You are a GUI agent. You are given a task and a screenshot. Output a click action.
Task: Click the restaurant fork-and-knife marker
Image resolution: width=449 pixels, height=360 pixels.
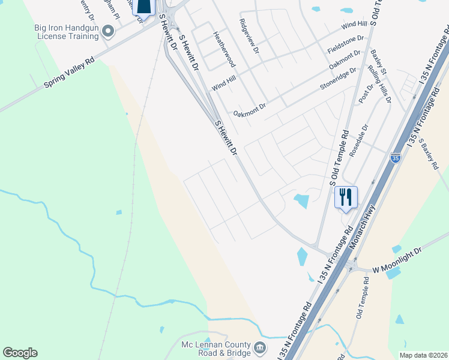tap(345, 197)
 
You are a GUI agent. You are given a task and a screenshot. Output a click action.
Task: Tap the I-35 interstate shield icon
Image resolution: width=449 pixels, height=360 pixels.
tap(395, 158)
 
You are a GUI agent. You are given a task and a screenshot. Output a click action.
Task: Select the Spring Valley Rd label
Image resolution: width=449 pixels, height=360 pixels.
tap(70, 73)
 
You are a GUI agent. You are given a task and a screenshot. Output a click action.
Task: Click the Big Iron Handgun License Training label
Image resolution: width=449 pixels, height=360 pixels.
tap(66, 32)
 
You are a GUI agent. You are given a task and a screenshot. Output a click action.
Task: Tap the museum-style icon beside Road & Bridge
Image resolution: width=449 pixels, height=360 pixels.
tap(260, 348)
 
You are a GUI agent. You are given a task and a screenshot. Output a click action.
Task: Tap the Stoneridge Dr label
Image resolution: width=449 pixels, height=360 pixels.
tap(338, 77)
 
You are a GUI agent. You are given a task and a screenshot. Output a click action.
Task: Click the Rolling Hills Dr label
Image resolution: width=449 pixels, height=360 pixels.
tap(379, 85)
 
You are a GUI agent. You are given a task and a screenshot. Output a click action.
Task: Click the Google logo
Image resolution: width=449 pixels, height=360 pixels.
tap(20, 353)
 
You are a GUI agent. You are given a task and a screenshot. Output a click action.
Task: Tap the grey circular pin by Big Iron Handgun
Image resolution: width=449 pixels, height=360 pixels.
tap(108, 30)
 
